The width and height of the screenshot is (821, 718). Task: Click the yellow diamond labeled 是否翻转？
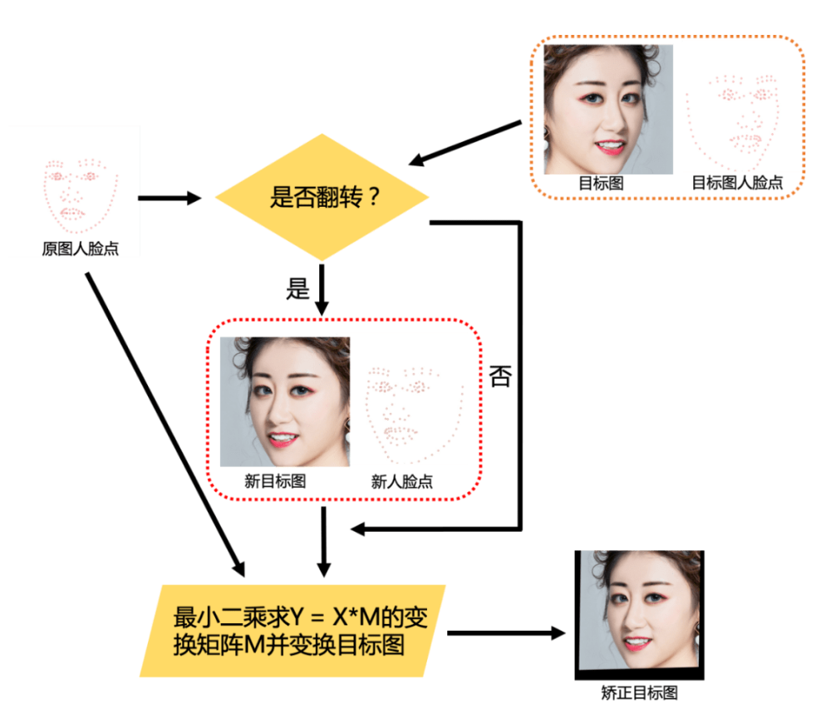tap(322, 199)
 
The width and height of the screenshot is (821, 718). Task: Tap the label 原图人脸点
tap(81, 248)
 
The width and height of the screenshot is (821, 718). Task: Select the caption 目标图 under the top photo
tap(601, 183)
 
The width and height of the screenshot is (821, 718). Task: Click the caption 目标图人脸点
tap(737, 183)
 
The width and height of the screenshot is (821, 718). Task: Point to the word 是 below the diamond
tap(297, 288)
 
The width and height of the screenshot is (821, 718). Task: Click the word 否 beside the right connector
tap(500, 376)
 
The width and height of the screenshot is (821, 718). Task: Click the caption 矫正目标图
tap(639, 692)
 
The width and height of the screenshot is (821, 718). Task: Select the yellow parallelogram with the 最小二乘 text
tap(293, 631)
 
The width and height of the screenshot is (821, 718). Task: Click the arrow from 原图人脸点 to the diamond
tap(170, 198)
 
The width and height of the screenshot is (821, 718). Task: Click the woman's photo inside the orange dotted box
tap(608, 109)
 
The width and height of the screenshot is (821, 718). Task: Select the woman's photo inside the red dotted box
tap(285, 401)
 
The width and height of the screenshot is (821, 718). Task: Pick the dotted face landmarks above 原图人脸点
tap(80, 194)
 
